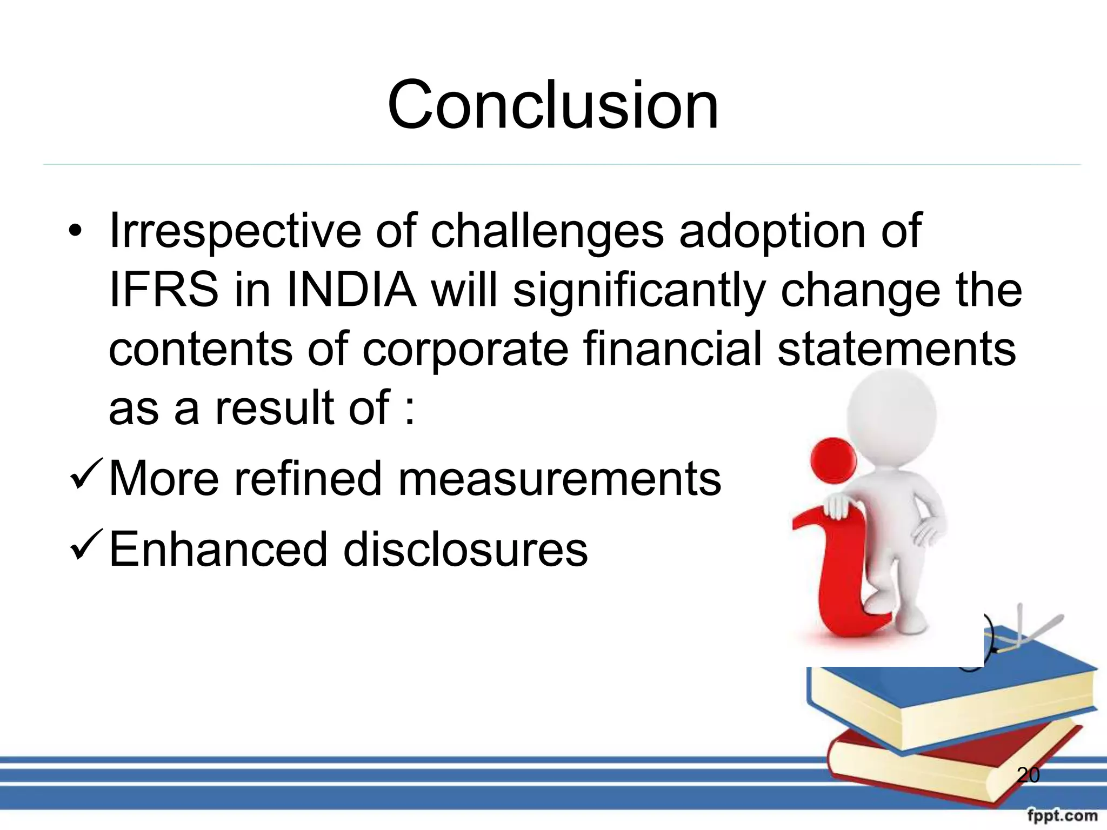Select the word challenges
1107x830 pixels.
coord(546,231)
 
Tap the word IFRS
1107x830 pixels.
coord(163,291)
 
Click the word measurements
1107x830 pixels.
coord(559,479)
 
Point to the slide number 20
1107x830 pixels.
coord(1028,775)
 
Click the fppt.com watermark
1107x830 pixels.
coord(1062,815)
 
